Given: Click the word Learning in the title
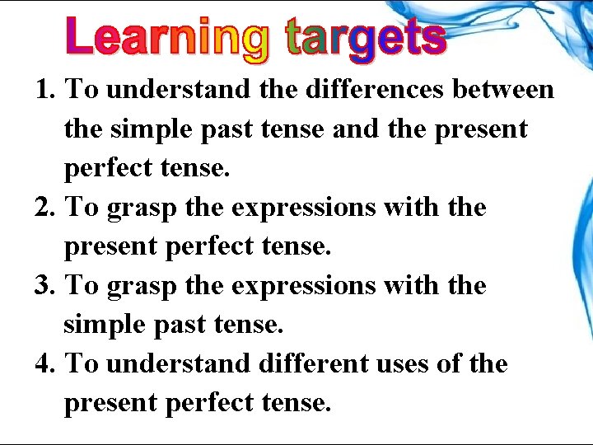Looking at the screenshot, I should tap(167, 38).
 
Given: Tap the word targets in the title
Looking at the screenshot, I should tap(365, 38).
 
